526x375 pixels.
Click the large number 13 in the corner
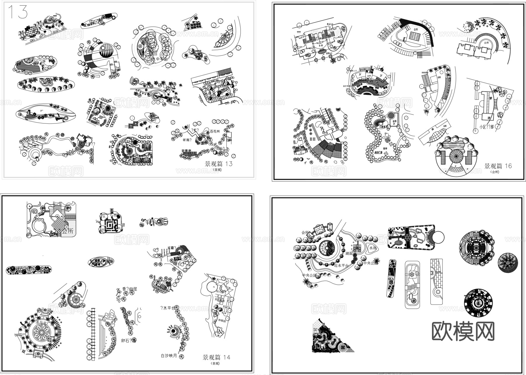[x=17, y=12]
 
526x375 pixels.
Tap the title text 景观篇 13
[x=219, y=164]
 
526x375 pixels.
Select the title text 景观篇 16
[x=498, y=166]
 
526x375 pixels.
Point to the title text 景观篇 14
[x=217, y=357]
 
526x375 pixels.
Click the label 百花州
[x=214, y=132]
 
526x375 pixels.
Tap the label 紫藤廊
[x=187, y=151]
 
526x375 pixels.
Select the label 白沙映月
[x=169, y=356]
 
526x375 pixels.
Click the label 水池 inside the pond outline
[x=373, y=248]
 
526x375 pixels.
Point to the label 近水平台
[x=341, y=266]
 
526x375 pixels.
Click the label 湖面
[x=349, y=253]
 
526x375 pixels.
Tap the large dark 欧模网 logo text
[x=463, y=332]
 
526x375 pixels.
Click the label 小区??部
[x=486, y=127]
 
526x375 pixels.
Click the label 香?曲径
[x=129, y=289]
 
